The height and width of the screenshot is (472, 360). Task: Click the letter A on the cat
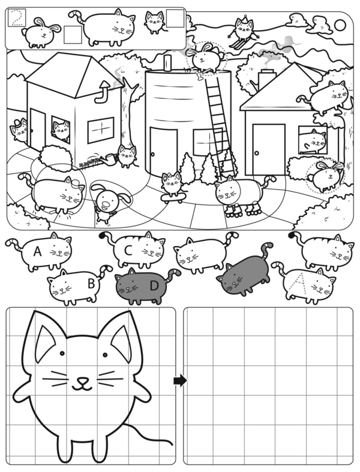tap(37, 251)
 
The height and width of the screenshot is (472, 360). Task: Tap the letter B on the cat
tap(91, 283)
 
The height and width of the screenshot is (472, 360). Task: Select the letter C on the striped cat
tap(128, 251)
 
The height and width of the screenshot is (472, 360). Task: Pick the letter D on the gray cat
tap(154, 285)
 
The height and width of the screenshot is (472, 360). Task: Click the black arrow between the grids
tap(180, 380)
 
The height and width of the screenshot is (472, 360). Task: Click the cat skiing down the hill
tap(243, 31)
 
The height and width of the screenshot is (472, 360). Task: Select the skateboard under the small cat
tap(173, 197)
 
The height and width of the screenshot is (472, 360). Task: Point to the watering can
tap(109, 160)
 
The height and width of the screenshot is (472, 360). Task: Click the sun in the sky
tap(340, 25)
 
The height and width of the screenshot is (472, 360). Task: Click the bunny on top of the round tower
tap(205, 58)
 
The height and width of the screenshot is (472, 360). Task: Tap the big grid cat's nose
tap(82, 380)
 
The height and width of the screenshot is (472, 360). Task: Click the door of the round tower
tap(164, 152)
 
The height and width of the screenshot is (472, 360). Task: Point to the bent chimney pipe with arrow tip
tap(103, 92)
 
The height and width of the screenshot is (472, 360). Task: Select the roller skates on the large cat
tap(242, 209)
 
